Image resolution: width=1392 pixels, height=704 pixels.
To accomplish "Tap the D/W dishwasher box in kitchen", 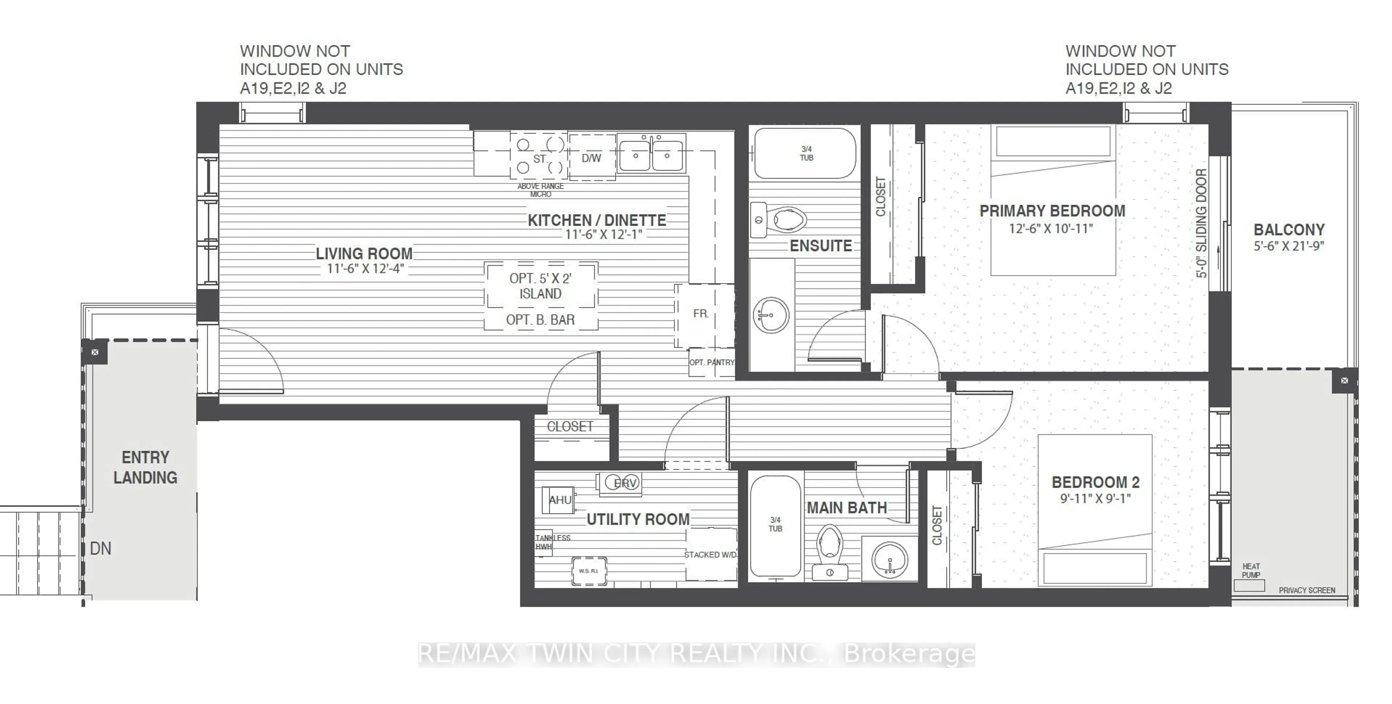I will pyautogui.click(x=591, y=158).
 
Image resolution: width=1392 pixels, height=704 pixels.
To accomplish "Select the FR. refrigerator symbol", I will pyautogui.click(x=701, y=313).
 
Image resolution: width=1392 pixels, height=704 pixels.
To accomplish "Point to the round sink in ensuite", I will pyautogui.click(x=771, y=315).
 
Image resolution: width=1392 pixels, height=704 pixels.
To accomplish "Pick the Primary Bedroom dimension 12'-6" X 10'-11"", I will pyautogui.click(x=1051, y=229).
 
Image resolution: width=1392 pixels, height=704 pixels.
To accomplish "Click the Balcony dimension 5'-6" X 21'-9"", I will pyautogui.click(x=1289, y=246).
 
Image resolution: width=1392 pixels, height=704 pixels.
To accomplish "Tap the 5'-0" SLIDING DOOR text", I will pyautogui.click(x=1201, y=223).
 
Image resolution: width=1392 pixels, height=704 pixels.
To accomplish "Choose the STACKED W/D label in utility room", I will pyautogui.click(x=710, y=554).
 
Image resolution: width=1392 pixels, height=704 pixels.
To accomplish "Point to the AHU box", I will pyautogui.click(x=559, y=500).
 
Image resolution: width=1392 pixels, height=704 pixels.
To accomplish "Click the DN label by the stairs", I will pyautogui.click(x=100, y=549).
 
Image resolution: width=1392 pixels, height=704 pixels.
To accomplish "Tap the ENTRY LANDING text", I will pyautogui.click(x=145, y=467).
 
